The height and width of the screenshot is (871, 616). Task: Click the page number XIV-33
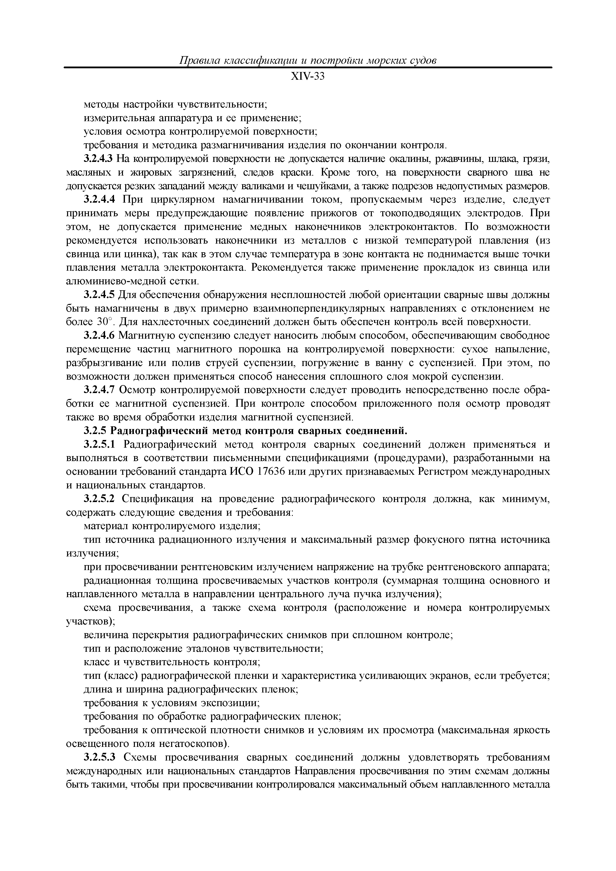[308, 77]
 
